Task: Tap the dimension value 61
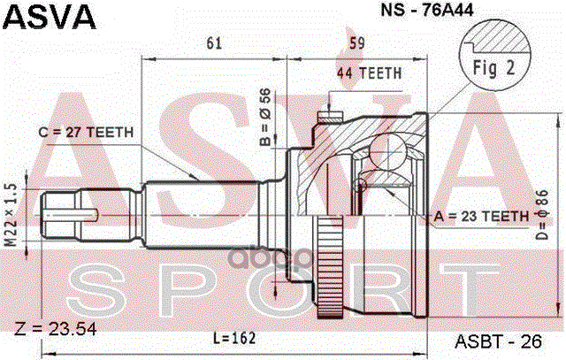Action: coord(213,42)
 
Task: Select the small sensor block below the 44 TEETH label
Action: coord(332,115)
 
